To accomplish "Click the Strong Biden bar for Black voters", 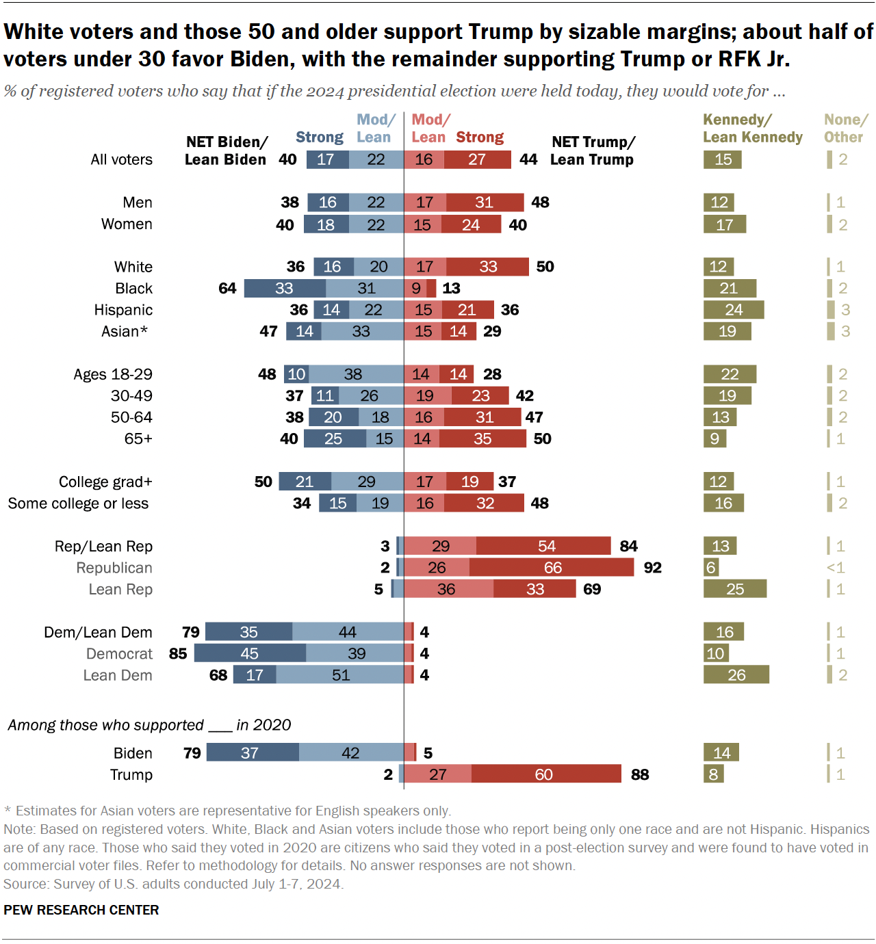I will point(285,288).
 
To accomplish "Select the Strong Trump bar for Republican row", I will point(552,567).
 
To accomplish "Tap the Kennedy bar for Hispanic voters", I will point(734,310).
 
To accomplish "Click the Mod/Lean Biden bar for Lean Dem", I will point(340,675).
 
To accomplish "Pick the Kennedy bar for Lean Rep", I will point(735,589).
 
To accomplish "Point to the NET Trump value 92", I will point(652,568).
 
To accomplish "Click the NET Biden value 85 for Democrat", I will point(178,653).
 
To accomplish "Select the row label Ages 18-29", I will point(113,374).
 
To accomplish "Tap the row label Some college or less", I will point(78,503).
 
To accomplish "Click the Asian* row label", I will point(125,331).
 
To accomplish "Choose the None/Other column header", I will point(845,129).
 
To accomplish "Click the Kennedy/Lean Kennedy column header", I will point(752,129).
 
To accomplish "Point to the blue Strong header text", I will point(319,137).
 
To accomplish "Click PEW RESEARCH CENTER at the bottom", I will point(81,910).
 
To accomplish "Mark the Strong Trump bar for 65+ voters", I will point(482,438).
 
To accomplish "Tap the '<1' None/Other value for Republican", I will point(836,568).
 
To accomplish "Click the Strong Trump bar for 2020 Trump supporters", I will point(545,774).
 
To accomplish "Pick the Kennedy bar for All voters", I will point(723,159).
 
